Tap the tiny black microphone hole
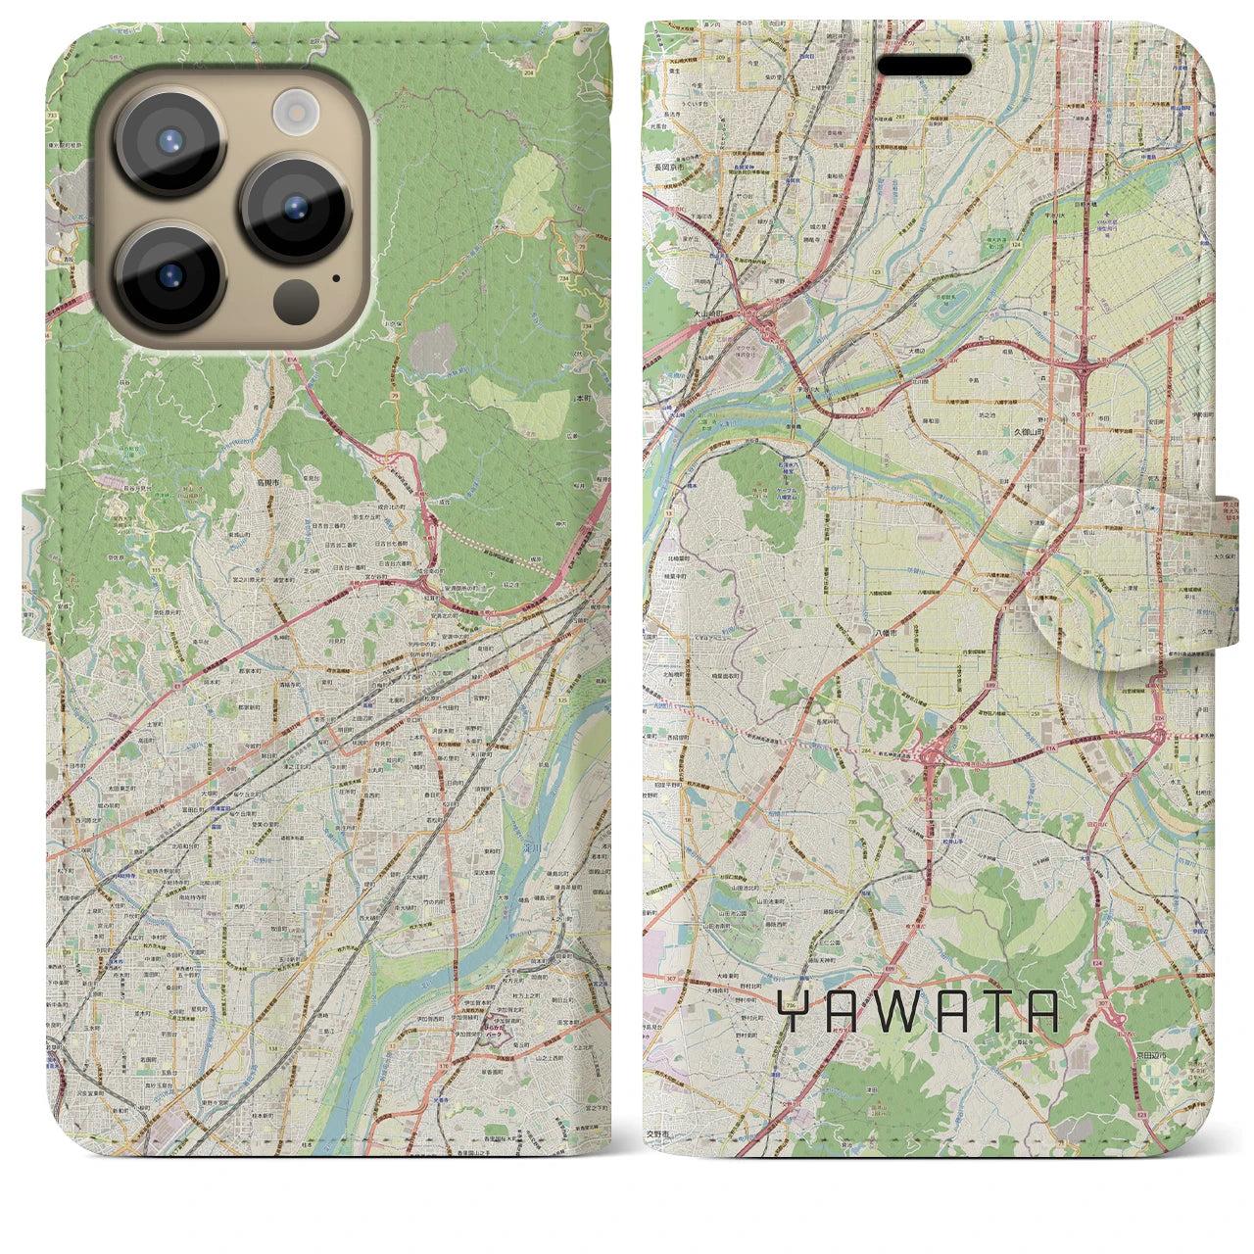click(336, 277)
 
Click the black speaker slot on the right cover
click(924, 66)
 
